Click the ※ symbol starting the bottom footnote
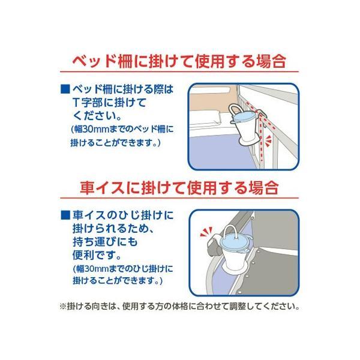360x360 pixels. pyautogui.click(x=62, y=307)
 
